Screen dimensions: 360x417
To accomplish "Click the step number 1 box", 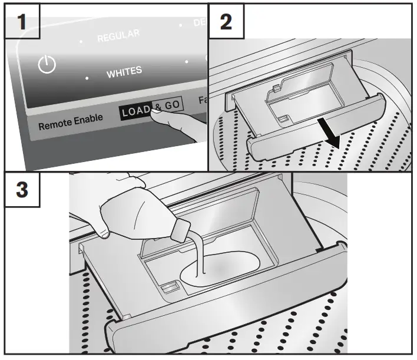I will click(x=22, y=22).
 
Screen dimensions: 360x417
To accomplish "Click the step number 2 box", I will click(x=226, y=22).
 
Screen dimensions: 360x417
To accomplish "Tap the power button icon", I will click(x=47, y=65).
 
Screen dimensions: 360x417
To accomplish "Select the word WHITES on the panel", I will click(x=124, y=72).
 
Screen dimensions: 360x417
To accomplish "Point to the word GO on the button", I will click(x=173, y=105).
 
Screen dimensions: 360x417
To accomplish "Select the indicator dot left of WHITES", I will click(x=87, y=78).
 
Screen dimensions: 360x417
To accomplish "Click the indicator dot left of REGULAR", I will click(x=81, y=42).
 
